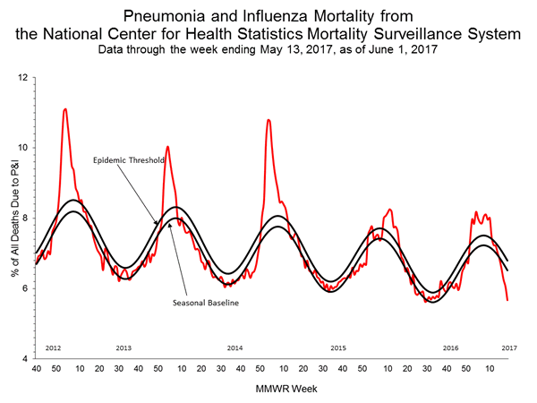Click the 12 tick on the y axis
[24, 77]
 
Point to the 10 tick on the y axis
[24, 147]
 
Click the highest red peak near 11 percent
[64, 109]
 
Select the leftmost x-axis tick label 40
[36, 368]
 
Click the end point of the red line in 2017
[507, 300]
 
